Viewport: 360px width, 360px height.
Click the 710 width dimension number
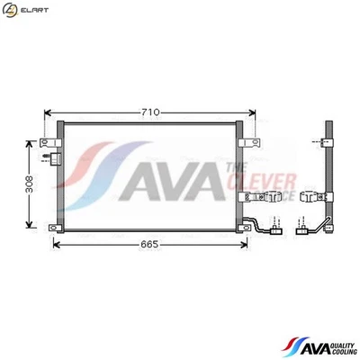[150, 112]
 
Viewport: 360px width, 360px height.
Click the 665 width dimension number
[148, 243]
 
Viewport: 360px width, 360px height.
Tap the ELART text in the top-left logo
[32, 10]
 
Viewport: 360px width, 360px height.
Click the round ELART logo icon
[10, 10]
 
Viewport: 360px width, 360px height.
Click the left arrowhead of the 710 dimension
[49, 112]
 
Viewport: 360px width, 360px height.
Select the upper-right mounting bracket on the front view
[256, 141]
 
